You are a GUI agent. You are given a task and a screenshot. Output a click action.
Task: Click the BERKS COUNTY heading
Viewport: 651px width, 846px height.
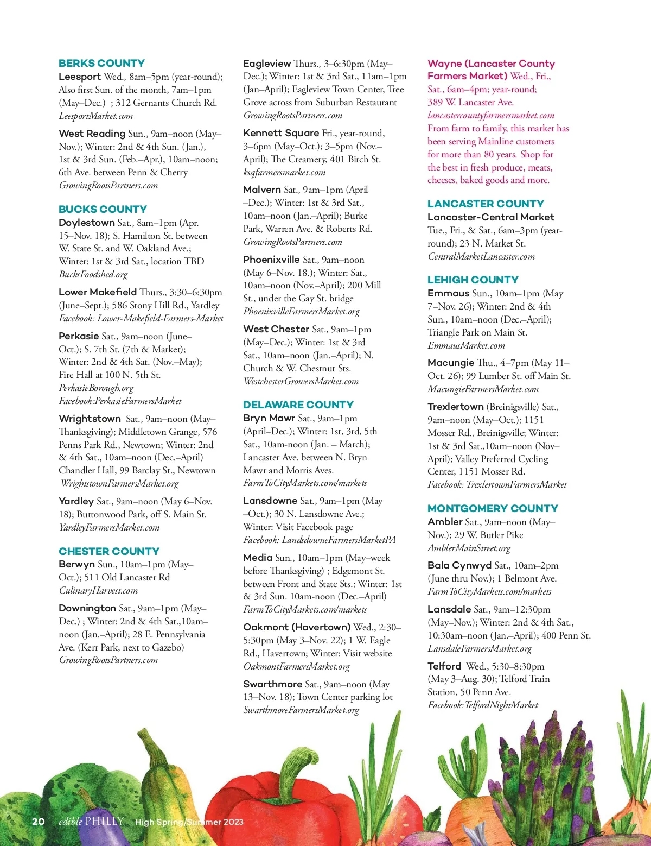point(101,63)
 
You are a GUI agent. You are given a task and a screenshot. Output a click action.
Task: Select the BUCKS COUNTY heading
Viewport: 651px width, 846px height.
point(103,209)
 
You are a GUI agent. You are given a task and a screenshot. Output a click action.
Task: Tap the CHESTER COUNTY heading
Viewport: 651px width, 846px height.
point(108,551)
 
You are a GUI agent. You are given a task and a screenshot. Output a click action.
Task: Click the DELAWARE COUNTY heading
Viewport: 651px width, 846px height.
point(298,405)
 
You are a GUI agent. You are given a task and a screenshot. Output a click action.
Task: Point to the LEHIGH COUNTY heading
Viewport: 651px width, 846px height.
point(473,280)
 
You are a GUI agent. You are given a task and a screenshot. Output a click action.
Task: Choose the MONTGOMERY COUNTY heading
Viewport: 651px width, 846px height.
point(492,508)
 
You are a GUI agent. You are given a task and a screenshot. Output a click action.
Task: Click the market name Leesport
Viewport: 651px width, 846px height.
point(80,77)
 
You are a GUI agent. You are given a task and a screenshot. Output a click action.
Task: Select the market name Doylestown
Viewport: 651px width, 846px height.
point(86,223)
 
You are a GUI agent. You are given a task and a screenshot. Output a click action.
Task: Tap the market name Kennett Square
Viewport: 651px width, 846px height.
point(281,133)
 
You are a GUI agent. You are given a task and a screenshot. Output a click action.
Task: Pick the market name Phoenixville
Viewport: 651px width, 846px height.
point(271,260)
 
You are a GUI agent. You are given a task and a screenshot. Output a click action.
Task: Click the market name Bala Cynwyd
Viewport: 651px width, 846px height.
point(459,565)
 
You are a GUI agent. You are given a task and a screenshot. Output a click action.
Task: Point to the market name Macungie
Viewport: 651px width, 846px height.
point(450,363)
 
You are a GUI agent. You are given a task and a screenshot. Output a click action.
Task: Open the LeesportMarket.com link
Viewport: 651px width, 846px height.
point(95,116)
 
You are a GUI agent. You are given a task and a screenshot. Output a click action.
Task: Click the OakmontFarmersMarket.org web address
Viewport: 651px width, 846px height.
point(296,666)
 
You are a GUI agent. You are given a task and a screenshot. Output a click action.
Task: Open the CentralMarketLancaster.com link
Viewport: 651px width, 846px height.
point(481,256)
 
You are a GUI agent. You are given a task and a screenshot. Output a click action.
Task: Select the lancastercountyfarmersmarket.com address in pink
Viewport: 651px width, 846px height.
point(490,115)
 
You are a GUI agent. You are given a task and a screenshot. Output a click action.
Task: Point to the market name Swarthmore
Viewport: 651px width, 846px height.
point(272,684)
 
